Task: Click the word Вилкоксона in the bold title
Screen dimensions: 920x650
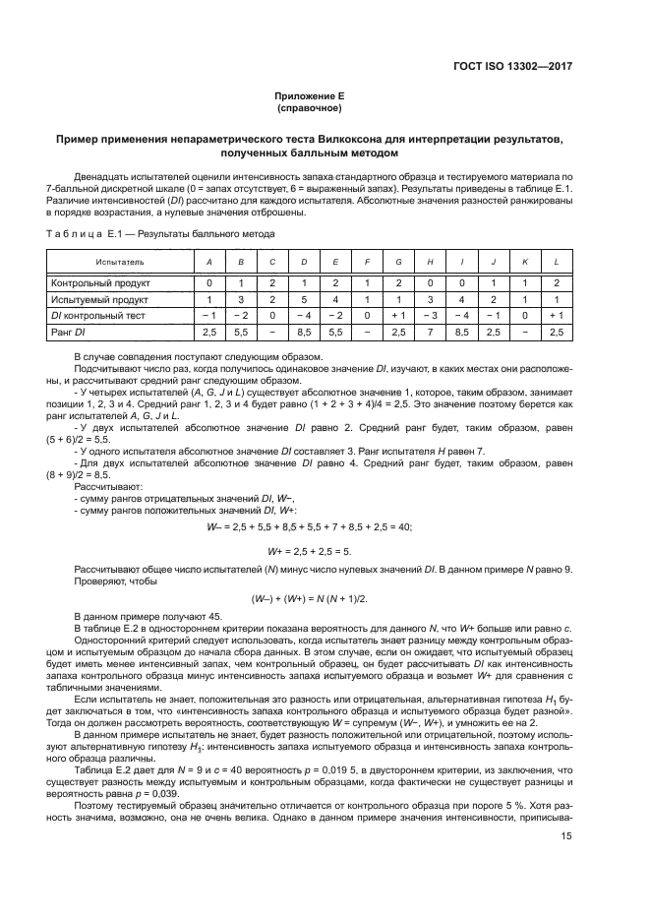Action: [x=358, y=141]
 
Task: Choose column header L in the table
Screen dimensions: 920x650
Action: [x=557, y=264]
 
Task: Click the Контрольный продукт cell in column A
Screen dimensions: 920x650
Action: [x=208, y=282]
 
